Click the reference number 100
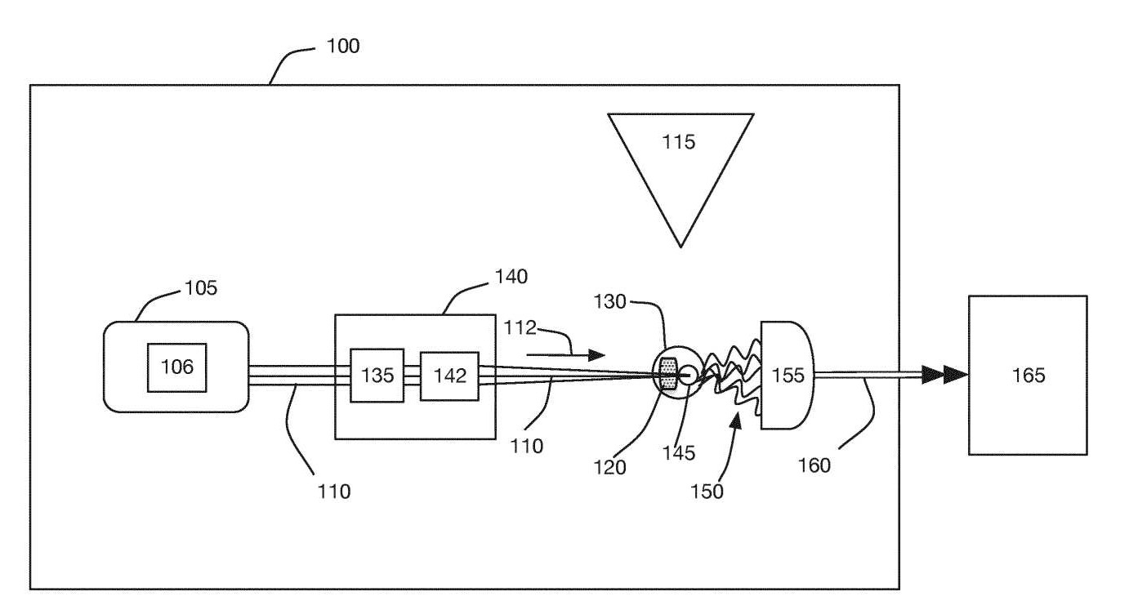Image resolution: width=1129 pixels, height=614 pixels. [x=343, y=46]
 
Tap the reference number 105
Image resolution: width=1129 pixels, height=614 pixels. [x=201, y=288]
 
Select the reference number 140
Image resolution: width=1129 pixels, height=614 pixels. [x=511, y=277]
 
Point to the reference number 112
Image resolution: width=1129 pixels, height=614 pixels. [x=520, y=328]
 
